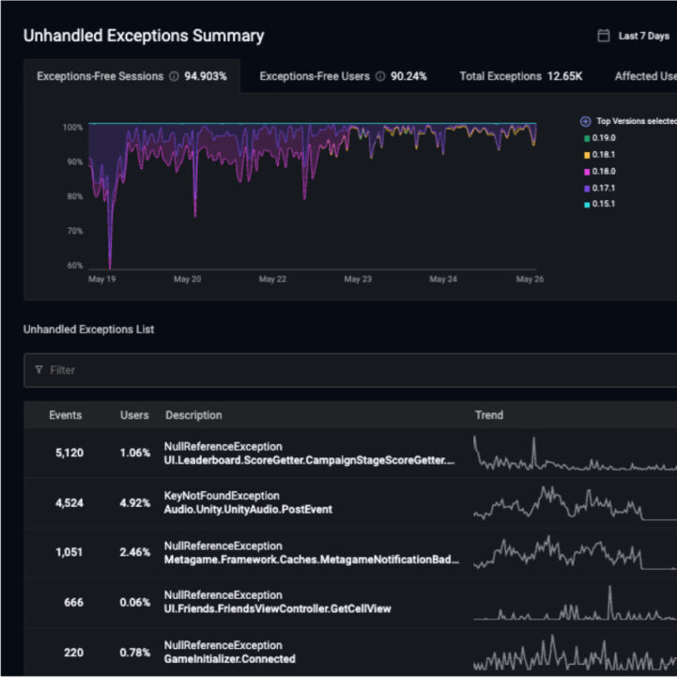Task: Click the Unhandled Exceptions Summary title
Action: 143,36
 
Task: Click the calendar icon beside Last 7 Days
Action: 604,36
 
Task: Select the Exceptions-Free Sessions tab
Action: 131,76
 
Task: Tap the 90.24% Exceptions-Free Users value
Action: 408,76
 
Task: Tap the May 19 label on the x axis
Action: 101,279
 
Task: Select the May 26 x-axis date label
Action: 531,279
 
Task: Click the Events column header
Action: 65,415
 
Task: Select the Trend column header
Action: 489,415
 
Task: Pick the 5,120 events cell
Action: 69,453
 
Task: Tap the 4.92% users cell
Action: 134,502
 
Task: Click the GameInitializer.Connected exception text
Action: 229,658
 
